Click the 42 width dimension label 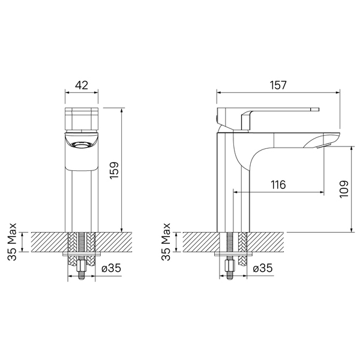(82, 85)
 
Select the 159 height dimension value (114, 170)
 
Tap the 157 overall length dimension (278, 85)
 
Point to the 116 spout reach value (278, 185)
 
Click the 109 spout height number (344, 189)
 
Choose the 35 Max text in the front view (12, 242)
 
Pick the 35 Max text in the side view (166, 242)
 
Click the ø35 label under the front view (111, 268)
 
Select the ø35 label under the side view (263, 268)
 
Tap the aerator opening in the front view (82, 145)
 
